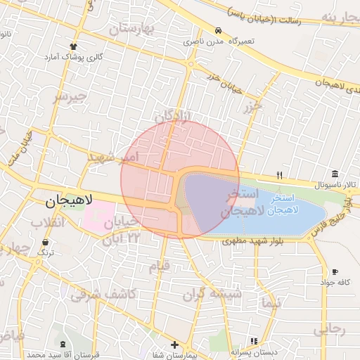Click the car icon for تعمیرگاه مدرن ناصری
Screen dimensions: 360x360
[x=219, y=32]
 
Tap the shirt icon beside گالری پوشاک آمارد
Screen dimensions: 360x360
[x=74, y=46]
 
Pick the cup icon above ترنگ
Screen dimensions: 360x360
[x=46, y=242]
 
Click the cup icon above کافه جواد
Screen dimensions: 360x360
[x=335, y=272]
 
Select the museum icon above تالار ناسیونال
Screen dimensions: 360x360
[x=335, y=174]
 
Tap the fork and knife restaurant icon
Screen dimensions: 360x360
[x=279, y=174]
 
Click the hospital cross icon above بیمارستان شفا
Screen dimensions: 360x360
[x=174, y=345]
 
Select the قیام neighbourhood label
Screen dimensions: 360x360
[x=159, y=267]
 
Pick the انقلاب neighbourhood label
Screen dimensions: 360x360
[x=47, y=223]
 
